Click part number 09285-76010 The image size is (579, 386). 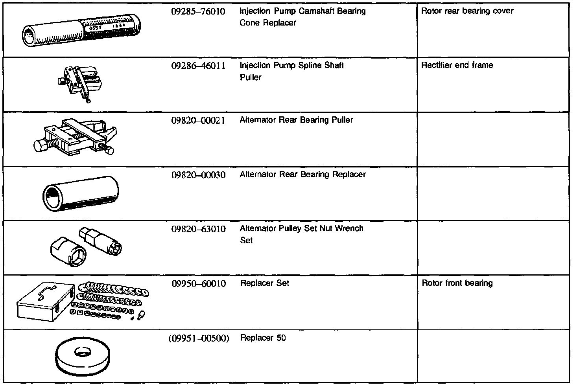[198, 11]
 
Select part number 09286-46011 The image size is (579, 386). [198, 66]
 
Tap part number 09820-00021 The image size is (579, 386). [198, 120]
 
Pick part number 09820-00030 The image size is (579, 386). [198, 175]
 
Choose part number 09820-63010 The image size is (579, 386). [198, 229]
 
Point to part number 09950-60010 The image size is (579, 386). [199, 283]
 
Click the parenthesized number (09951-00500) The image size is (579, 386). [199, 338]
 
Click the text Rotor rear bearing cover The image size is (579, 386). [467, 11]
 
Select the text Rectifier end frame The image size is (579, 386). [457, 65]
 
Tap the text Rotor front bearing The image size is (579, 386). [457, 283]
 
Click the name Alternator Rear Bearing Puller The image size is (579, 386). [296, 120]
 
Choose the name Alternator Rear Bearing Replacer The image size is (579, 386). [302, 174]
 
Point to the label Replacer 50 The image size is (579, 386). [263, 338]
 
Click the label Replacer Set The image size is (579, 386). [264, 283]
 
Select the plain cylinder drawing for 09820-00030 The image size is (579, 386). [80, 193]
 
